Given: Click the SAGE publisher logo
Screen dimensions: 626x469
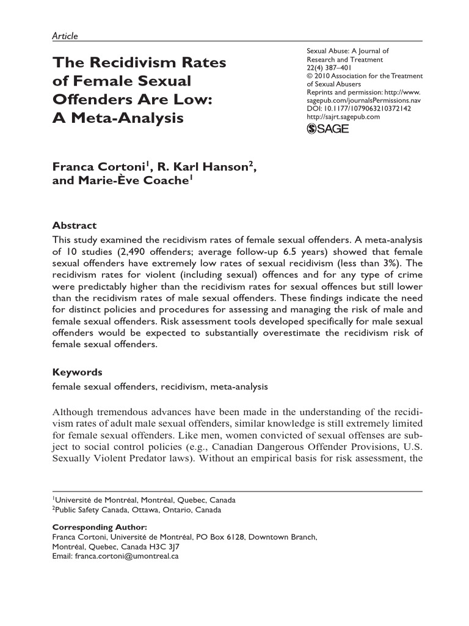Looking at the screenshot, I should (327, 129).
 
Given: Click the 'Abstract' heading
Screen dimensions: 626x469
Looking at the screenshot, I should (74, 226).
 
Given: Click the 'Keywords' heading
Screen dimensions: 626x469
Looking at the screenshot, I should (78, 372).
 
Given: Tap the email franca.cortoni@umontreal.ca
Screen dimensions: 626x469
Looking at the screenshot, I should (126, 558).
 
